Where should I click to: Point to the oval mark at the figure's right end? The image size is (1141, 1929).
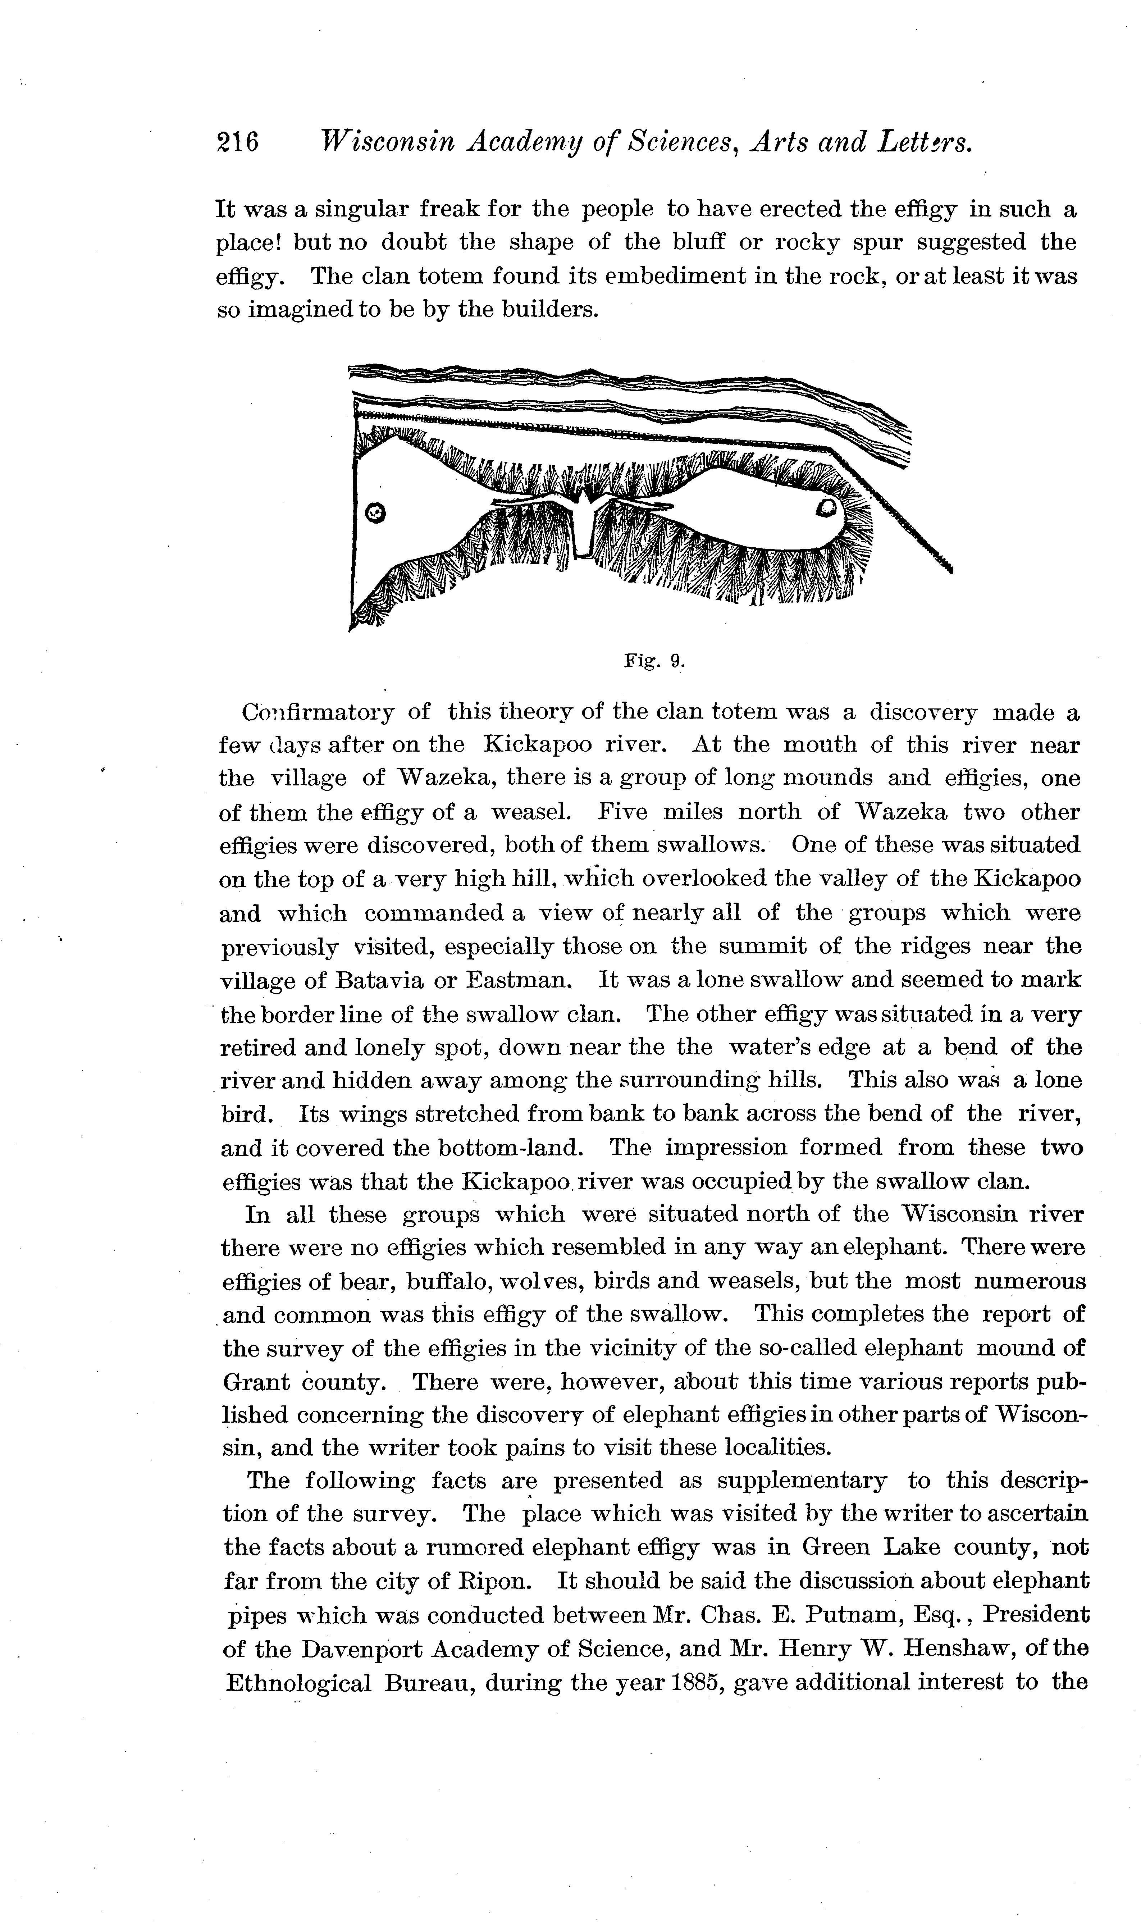coord(827,507)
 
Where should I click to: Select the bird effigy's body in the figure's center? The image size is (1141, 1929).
coord(584,526)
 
